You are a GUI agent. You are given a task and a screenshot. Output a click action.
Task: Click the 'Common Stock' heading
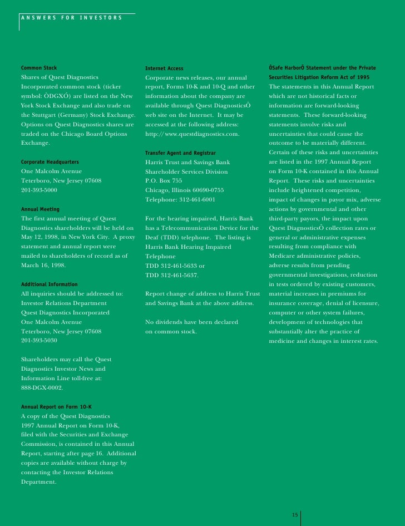click(x=39, y=68)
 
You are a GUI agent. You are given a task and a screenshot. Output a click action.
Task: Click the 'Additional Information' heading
click(x=49, y=284)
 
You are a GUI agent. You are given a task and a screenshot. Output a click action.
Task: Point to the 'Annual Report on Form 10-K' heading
click(x=56, y=406)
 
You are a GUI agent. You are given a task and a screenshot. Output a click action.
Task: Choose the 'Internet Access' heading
click(x=164, y=68)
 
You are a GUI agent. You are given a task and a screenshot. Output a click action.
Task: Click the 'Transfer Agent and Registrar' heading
click(x=180, y=153)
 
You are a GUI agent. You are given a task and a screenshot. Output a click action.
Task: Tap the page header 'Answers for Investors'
click(x=71, y=17)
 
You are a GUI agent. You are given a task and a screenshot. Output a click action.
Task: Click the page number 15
click(x=295, y=514)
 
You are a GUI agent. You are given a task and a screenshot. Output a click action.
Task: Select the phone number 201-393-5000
click(x=39, y=190)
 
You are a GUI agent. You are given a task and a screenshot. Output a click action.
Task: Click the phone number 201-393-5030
click(x=39, y=340)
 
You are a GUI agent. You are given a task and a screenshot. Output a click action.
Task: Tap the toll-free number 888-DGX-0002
click(x=42, y=387)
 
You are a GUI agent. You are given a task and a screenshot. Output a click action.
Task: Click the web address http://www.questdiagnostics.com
click(x=192, y=134)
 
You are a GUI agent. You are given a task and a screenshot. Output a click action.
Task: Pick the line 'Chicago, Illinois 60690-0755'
click(x=184, y=190)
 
